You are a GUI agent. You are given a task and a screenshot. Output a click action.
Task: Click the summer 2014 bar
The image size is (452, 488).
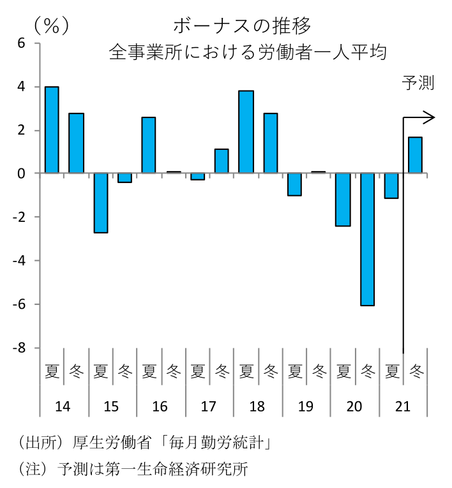tap(52, 130)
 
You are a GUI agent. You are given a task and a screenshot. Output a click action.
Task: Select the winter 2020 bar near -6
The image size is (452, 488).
tap(367, 239)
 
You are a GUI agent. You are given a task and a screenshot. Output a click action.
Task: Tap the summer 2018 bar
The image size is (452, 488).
tap(246, 132)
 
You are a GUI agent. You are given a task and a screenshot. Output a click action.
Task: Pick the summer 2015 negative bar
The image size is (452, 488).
tap(100, 203)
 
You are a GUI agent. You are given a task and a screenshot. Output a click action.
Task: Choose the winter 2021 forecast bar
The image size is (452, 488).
tap(415, 155)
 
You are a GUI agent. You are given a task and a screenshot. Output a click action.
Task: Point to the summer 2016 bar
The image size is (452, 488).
tap(149, 145)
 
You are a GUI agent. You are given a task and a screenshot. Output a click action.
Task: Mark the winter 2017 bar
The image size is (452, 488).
tap(222, 161)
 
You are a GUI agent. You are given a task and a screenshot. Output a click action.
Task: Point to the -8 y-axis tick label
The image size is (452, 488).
tap(19, 348)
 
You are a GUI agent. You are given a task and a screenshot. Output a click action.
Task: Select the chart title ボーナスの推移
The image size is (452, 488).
tap(242, 26)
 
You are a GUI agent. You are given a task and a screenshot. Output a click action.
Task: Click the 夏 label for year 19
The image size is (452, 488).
tap(294, 370)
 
